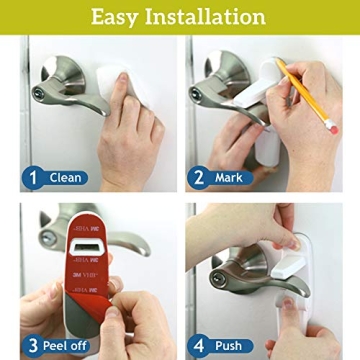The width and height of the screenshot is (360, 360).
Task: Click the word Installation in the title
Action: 214,17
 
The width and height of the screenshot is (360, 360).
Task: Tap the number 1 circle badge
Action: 32,178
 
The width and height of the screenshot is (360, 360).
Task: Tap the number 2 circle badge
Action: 198,178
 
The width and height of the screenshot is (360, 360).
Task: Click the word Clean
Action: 66,178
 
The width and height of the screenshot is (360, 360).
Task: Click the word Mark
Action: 228,178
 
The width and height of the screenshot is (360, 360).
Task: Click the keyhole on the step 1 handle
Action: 39,93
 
